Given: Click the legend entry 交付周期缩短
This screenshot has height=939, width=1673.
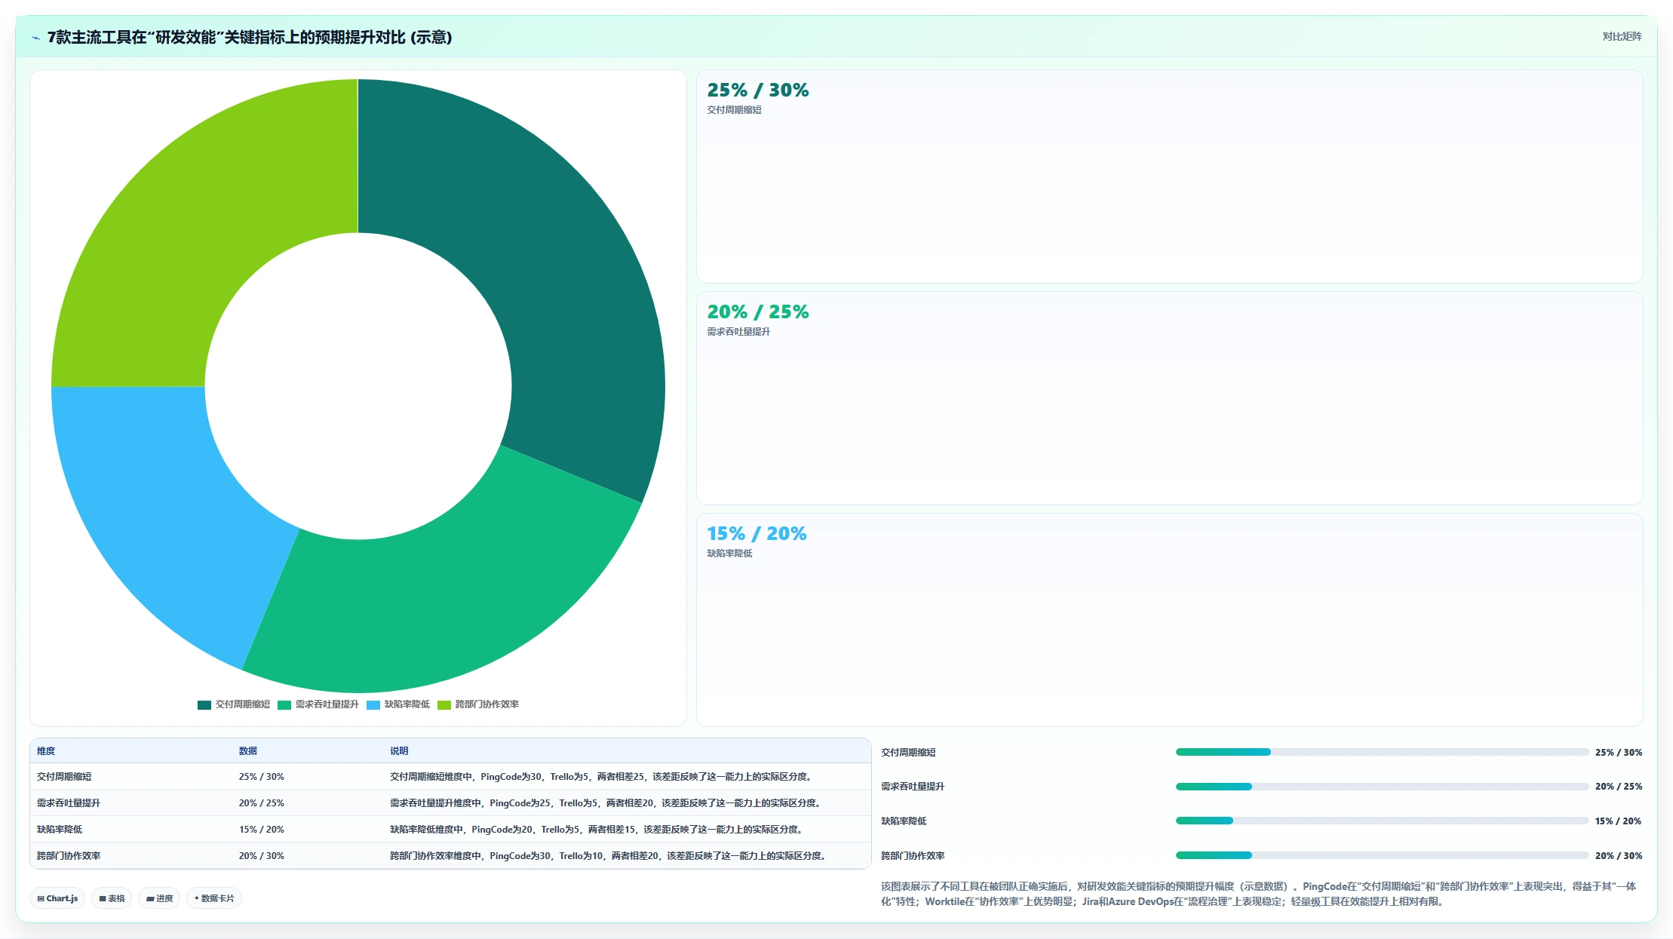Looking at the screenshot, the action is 234,704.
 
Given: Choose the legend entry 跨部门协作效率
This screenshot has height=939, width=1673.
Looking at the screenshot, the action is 478,704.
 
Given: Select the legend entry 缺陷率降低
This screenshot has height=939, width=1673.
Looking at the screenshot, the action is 398,704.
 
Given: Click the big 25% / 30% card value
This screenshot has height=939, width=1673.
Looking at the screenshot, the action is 758,91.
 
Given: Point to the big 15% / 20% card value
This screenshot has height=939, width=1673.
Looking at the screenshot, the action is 757,534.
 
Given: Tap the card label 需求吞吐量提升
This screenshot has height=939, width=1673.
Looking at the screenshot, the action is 738,332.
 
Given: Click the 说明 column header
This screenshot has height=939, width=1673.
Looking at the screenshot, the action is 399,751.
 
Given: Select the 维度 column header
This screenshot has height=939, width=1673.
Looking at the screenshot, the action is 46,751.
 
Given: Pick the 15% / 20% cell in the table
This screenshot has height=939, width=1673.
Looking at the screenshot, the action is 262,830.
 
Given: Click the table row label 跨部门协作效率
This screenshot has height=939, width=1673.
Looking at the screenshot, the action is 69,856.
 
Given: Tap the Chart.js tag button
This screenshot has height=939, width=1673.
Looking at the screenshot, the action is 57,898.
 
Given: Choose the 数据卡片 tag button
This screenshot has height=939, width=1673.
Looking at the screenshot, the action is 214,898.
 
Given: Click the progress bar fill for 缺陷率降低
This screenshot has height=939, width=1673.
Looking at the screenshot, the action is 1205,821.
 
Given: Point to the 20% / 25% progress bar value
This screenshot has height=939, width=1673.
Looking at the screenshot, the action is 1619,787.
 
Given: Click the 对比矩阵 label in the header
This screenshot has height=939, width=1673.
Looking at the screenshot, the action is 1622,37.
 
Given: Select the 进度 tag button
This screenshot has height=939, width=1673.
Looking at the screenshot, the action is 159,898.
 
